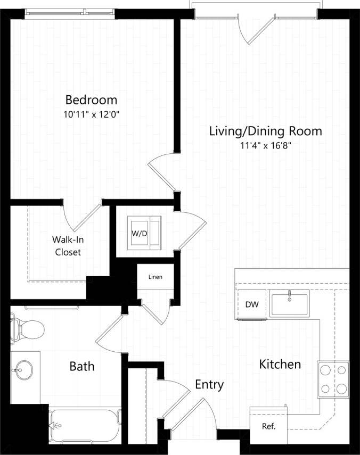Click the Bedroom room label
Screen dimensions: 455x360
coord(91,100)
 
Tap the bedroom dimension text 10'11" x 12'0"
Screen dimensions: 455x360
coord(91,114)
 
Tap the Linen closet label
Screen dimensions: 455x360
coord(155,277)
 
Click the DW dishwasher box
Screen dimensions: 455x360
coord(251,305)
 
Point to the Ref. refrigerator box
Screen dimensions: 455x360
coord(268,426)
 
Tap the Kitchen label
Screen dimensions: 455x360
coord(280,365)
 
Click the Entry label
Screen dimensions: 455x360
coord(209,384)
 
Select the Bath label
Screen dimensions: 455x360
coord(82,366)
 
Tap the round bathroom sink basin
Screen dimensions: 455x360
coord(23,369)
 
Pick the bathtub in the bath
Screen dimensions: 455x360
coord(85,426)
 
